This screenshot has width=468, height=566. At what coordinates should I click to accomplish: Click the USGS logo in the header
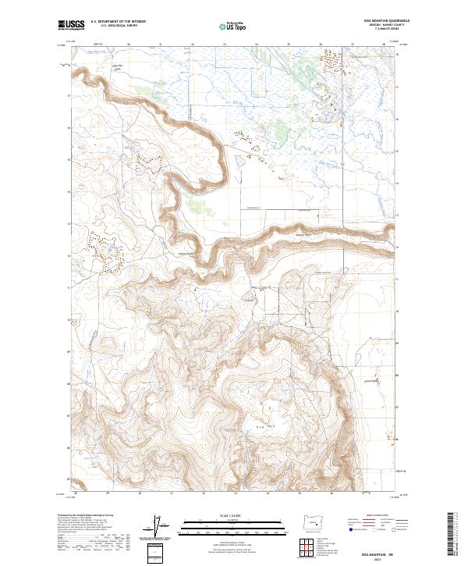click(72, 26)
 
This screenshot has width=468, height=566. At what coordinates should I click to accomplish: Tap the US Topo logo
click(233, 27)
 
